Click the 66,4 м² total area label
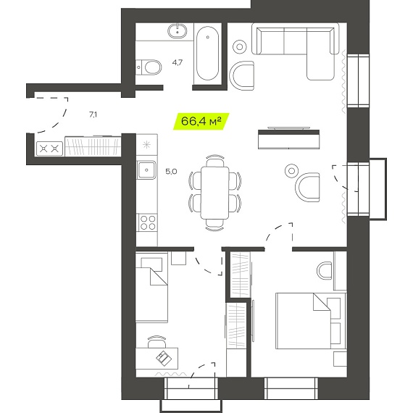point(201,122)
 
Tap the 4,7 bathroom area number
point(178,63)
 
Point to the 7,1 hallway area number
point(93,114)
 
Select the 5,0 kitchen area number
point(171,172)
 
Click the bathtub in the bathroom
point(207,53)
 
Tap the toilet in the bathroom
point(149,67)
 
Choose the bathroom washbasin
point(178,30)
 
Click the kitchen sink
point(146,170)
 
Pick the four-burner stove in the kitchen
point(148,222)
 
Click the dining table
point(214,193)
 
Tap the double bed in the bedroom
point(311,321)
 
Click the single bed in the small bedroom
point(151,287)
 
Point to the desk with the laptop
point(157,359)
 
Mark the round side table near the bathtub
point(240,47)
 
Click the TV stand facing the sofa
point(289,139)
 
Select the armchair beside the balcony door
point(307,187)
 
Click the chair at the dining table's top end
point(215,161)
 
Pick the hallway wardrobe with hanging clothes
point(93,146)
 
